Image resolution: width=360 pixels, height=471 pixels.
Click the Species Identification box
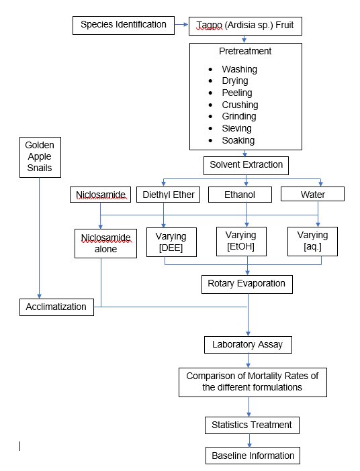pos(124,25)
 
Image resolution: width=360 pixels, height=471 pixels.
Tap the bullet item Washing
pos(239,69)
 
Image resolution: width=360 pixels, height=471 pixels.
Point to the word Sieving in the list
pos(236,128)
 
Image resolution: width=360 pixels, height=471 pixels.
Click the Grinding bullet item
pos(239,117)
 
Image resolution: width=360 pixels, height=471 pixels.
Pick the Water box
pos(312,195)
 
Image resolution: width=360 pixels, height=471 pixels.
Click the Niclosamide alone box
pos(101,243)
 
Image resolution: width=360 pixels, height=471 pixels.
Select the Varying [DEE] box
pos(165,243)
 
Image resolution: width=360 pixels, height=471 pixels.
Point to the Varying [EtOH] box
pos(241,242)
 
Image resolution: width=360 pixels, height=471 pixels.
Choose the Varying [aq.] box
pos(313,242)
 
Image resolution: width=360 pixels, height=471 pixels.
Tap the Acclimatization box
pos(56,307)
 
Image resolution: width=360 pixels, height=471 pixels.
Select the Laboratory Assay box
pos(249,345)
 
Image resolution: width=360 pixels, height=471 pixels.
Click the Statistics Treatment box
pos(251,425)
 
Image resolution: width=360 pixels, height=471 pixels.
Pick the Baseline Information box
pos(253,456)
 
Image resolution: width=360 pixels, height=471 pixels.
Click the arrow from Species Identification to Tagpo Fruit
pos(181,26)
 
